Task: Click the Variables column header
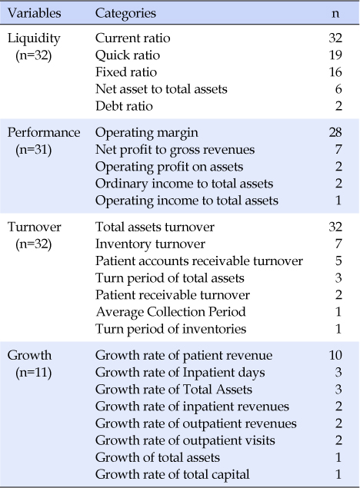tap(35, 13)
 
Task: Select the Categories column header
tap(125, 14)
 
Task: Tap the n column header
tap(335, 14)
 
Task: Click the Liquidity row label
tap(34, 39)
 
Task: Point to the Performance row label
tap(44, 133)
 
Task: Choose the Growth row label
tap(29, 355)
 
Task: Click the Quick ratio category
tap(128, 55)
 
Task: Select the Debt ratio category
tap(124, 106)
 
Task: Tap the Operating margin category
tap(147, 133)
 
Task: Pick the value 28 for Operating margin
tap(335, 133)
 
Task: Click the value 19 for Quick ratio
tap(335, 55)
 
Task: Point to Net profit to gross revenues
tap(175, 150)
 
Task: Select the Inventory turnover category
tap(150, 244)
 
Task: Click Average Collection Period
tap(171, 313)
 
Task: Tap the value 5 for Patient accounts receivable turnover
tap(338, 261)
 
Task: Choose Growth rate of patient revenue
tap(184, 356)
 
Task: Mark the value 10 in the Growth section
tap(335, 355)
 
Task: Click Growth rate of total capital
tap(172, 475)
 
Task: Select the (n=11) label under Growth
tap(34, 373)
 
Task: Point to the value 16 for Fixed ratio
tap(335, 72)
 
